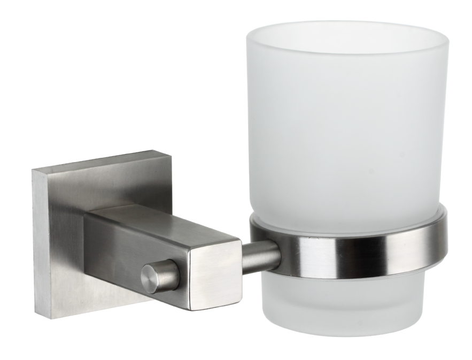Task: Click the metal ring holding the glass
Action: coord(347,248)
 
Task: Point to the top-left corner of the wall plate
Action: coord(33,171)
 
